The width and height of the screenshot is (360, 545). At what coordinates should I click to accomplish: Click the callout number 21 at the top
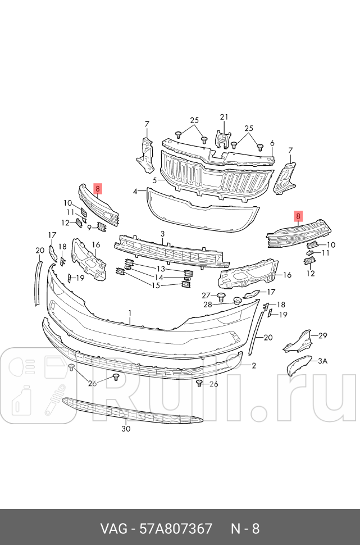225,117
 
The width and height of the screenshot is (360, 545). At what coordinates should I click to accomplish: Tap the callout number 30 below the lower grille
126,429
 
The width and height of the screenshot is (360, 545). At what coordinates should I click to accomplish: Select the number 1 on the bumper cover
130,313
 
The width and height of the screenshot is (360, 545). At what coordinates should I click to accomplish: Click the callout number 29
322,335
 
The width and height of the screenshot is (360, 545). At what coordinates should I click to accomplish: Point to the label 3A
322,361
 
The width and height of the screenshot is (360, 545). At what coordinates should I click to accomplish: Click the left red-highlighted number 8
98,189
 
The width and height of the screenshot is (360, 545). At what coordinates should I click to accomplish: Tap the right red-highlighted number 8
298,215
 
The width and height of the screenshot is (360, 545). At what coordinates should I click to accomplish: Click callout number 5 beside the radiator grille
154,180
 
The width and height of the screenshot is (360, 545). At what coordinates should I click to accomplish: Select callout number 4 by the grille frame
135,192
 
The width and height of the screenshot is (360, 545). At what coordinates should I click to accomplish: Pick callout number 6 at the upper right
272,143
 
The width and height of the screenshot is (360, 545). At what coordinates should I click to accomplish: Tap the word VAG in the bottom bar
113,529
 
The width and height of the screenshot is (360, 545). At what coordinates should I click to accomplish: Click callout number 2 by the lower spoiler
254,366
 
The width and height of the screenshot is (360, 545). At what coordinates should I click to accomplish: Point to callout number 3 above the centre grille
162,234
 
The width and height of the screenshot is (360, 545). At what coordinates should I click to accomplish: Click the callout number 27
206,296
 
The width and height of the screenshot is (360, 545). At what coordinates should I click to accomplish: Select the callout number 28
207,305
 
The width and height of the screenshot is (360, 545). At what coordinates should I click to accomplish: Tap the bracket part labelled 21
224,140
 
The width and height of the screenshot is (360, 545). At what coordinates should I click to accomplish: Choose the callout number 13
160,269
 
